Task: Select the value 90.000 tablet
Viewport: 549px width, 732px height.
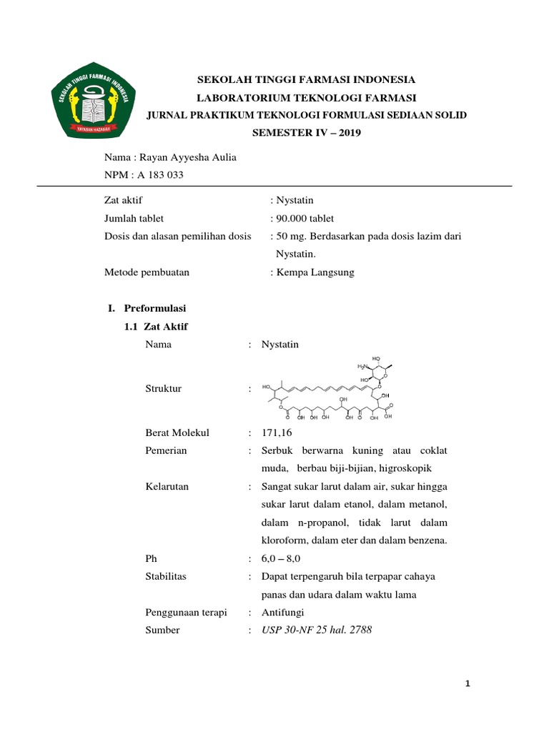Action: coord(305,218)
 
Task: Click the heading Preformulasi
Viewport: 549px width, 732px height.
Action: coord(154,308)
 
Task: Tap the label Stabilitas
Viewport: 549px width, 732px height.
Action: coord(165,576)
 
